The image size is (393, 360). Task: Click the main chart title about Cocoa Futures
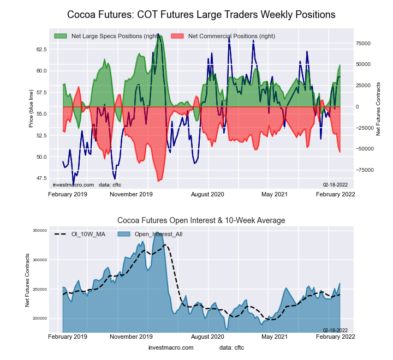201,14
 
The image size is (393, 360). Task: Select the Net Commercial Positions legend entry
231,37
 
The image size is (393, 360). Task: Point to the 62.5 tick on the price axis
41,49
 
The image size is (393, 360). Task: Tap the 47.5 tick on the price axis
41,178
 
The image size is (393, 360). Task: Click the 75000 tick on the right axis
363,43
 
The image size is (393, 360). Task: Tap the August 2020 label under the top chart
207,194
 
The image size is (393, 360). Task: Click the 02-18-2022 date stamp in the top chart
335,185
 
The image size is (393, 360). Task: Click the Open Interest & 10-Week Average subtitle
201,220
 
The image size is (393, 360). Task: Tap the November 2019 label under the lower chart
132,337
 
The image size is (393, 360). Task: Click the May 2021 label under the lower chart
275,337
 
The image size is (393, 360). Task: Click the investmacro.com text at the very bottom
171,347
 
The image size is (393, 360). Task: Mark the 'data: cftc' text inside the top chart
110,185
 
